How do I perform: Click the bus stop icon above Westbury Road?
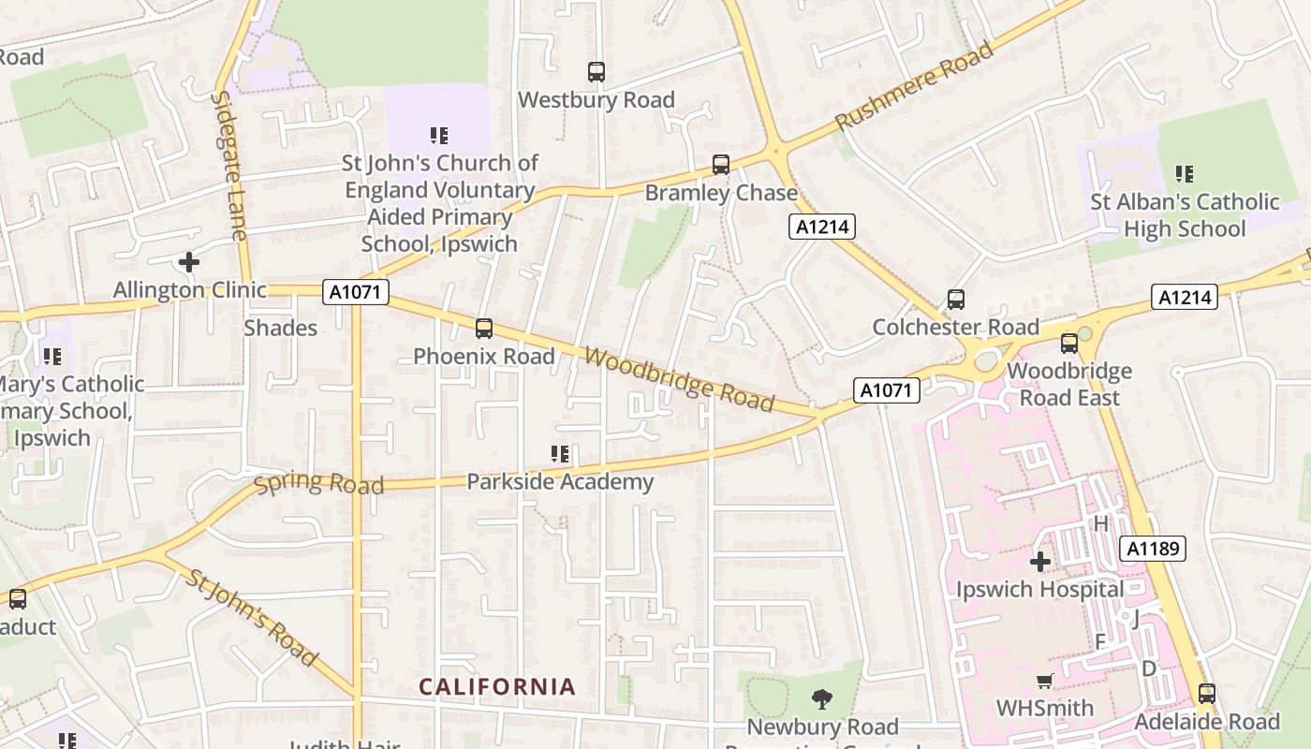click(x=596, y=71)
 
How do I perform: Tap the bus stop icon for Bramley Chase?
click(x=720, y=165)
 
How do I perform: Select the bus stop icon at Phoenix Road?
click(x=483, y=329)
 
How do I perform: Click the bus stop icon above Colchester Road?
click(x=955, y=300)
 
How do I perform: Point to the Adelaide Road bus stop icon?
click(x=1206, y=694)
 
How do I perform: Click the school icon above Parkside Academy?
click(x=560, y=455)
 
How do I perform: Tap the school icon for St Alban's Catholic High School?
click(x=1185, y=174)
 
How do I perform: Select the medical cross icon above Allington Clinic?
click(x=188, y=262)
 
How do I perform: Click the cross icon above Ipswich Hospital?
click(x=1039, y=562)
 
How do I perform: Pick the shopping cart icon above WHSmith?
click(x=1044, y=681)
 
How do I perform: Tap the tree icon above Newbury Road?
click(x=822, y=698)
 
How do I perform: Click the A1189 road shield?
click(x=1153, y=549)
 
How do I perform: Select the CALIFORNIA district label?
click(x=496, y=687)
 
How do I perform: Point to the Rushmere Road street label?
click(x=913, y=86)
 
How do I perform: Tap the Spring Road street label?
click(x=318, y=484)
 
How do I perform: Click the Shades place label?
click(x=280, y=328)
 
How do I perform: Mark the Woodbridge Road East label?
click(x=1068, y=384)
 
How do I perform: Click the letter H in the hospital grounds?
click(x=1101, y=523)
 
